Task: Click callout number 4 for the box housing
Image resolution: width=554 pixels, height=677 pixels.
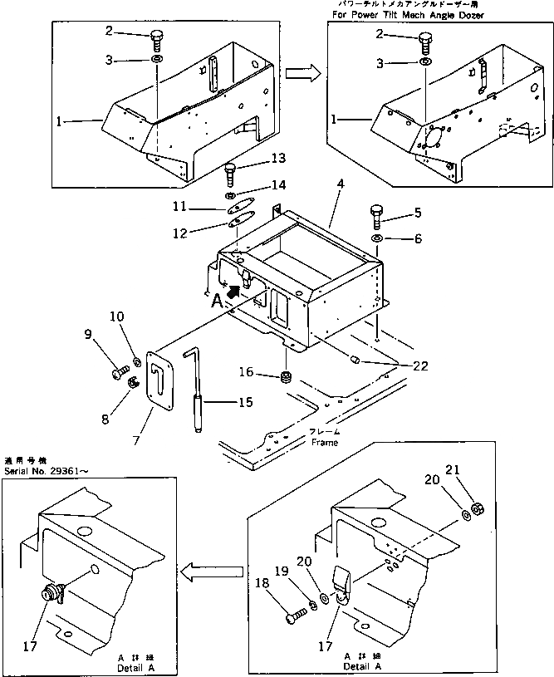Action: click(x=341, y=184)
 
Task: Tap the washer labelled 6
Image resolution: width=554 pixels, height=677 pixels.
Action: click(x=378, y=239)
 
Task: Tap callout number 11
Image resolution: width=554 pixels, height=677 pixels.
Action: click(x=179, y=206)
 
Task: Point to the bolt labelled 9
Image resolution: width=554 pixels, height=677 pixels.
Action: click(x=117, y=375)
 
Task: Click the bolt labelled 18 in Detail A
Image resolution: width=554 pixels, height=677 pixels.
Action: click(x=293, y=619)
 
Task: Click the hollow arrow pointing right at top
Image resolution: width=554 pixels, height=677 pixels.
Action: click(x=302, y=73)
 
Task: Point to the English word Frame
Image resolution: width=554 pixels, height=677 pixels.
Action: click(x=325, y=442)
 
